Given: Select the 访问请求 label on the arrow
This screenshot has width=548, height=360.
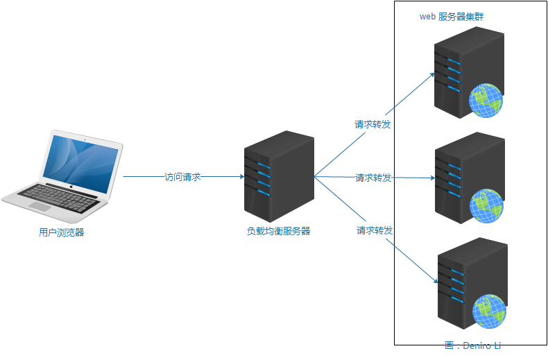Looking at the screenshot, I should [182, 177].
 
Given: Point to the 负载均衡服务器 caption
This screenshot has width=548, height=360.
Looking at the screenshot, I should [279, 231].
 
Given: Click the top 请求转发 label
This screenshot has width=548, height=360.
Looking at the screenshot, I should [373, 125].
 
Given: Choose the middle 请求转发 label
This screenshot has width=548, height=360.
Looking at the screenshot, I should [374, 178].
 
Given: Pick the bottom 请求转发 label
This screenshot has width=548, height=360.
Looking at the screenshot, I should [375, 230].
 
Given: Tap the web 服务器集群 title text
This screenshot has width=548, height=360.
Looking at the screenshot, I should [452, 17].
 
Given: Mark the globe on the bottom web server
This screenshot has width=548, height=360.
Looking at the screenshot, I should [490, 311].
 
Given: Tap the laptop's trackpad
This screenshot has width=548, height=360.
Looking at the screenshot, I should [40, 207].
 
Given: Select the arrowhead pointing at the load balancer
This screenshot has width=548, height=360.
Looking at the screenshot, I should [240, 177].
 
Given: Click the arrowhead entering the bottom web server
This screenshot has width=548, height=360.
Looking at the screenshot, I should [436, 282].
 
